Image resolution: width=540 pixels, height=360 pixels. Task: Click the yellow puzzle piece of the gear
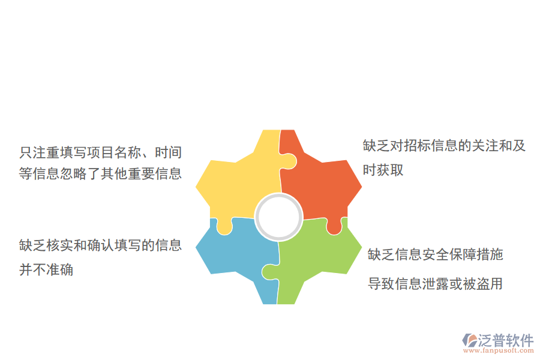(x=237, y=180)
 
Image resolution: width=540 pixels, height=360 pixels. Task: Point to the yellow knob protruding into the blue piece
(x=224, y=227)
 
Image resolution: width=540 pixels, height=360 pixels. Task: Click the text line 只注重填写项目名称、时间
(x=100, y=152)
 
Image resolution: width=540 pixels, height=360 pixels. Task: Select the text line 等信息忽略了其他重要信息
(x=100, y=174)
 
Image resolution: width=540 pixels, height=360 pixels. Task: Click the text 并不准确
(x=46, y=269)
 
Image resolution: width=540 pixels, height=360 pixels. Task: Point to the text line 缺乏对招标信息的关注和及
(x=444, y=146)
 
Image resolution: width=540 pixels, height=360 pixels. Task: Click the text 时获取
(x=383, y=170)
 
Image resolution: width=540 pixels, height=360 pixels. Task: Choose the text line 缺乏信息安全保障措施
(x=436, y=254)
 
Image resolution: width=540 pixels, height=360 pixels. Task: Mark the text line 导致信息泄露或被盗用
(x=436, y=283)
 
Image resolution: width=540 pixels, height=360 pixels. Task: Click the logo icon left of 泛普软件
(x=470, y=340)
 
